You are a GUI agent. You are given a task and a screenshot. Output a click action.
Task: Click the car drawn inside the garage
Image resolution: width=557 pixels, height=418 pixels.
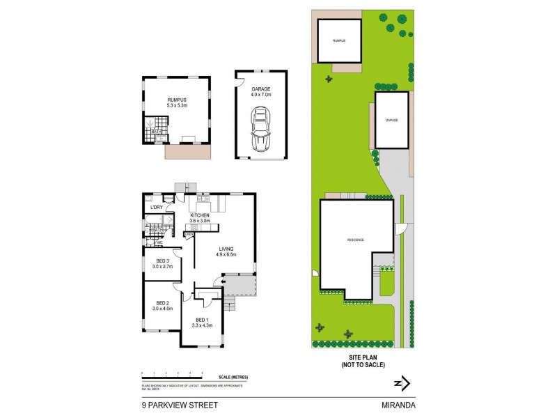coord(260,130)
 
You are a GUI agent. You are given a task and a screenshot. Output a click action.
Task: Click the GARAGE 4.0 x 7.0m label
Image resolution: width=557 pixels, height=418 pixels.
coord(260,91)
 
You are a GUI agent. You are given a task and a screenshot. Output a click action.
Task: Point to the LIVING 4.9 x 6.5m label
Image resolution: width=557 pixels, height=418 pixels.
coord(226,251)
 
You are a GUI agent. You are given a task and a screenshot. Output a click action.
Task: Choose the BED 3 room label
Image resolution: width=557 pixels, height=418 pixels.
coord(162,263)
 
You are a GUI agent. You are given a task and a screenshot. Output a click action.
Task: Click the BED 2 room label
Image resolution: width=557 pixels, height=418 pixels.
coord(162,305)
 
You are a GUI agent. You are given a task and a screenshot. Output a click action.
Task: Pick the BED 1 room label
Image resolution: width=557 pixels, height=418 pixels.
coord(201,322)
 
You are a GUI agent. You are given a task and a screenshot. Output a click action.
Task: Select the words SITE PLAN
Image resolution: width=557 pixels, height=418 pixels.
coord(362,358)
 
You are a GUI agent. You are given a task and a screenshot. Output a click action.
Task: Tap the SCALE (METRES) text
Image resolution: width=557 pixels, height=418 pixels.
coord(233,378)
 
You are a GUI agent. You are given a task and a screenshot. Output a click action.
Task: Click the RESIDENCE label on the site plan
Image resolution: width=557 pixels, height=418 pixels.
coord(356,240)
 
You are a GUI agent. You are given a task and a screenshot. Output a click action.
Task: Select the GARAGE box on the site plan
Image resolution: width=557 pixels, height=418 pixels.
coord(392,120)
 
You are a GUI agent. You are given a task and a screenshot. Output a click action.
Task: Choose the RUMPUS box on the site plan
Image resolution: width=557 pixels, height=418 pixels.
coord(339,40)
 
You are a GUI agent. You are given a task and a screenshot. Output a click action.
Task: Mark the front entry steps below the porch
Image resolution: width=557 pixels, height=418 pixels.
coord(230,304)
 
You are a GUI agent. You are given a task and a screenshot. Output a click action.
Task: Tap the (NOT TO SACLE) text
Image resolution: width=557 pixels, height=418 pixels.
coord(362,365)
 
